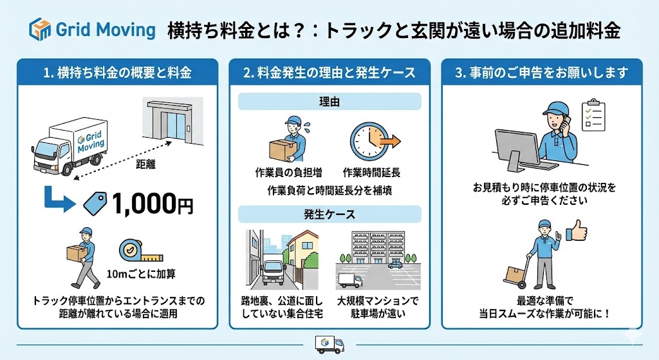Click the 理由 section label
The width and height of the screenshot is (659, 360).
pos(329,102)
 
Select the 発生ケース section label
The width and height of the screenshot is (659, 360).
pos(329,214)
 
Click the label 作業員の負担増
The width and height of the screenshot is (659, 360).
pos(288,173)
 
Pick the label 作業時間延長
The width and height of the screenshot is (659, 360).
pos(372,173)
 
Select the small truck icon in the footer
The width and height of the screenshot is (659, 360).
pos(329,345)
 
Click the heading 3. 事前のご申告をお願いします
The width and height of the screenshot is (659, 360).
pos(541,73)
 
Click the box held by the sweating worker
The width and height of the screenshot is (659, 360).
pos(279,150)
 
